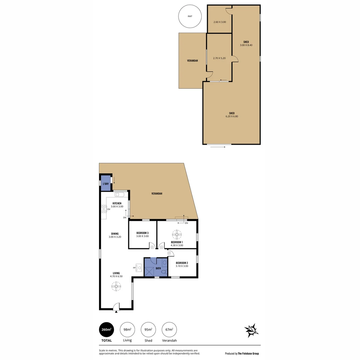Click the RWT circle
point(190,16)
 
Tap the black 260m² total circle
point(107,330)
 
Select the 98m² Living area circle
point(127,330)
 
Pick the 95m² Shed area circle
point(148,330)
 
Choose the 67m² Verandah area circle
point(169,330)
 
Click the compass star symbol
point(251,330)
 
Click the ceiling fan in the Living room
point(116,286)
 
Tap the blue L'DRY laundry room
point(106,184)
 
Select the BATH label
point(158,268)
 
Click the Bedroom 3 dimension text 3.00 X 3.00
point(142,236)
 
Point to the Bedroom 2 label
point(182,263)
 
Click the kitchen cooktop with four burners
point(103,209)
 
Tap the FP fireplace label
point(134,268)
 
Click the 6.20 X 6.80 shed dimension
point(232,116)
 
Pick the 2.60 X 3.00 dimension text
point(220,22)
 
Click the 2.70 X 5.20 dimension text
point(219,58)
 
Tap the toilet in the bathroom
point(164,272)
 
